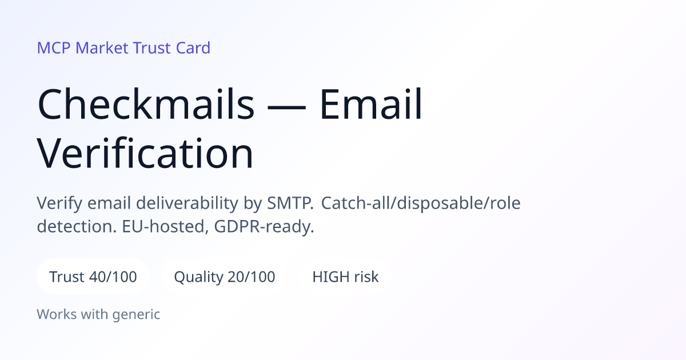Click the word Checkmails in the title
click(146, 104)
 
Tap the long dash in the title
click(286, 107)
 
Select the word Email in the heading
click(371, 104)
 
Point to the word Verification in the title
click(145, 153)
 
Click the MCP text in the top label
click(54, 48)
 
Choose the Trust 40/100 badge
click(93, 277)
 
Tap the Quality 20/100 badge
click(225, 277)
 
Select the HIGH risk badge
click(345, 277)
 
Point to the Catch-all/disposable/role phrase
click(421, 203)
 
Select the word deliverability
click(187, 203)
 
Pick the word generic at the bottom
click(136, 315)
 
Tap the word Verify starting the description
click(59, 203)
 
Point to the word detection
click(77, 227)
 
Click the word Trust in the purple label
click(152, 48)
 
